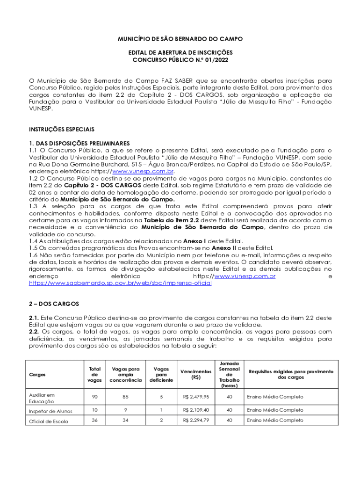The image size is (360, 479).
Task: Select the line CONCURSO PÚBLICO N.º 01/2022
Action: point(180,60)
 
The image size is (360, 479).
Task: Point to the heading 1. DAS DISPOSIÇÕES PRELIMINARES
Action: point(79,143)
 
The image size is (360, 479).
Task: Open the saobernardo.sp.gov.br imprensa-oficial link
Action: point(120,283)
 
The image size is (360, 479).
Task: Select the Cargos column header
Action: point(37,375)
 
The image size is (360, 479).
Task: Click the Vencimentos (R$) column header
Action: point(196,374)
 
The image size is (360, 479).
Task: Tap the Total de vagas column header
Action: point(94,374)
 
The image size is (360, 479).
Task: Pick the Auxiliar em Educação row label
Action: point(42,398)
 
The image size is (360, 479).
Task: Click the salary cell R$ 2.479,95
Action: point(196,397)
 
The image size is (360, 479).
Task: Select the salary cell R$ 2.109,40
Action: point(196,410)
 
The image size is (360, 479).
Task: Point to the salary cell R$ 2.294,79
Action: point(196,420)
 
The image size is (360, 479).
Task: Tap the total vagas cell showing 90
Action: point(94,397)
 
